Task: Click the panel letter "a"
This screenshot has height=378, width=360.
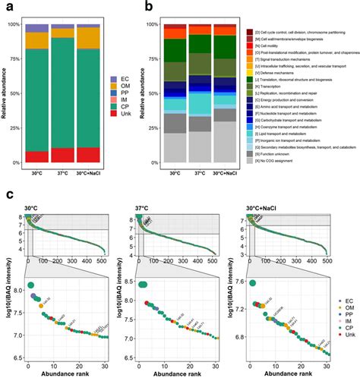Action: [x=5, y=8]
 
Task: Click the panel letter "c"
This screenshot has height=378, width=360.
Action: [x=5, y=194]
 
